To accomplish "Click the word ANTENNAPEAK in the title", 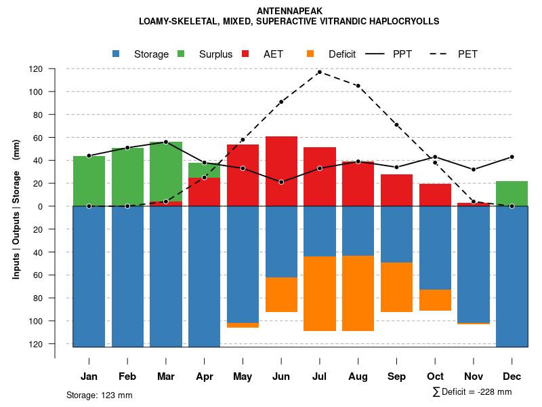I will (290, 11).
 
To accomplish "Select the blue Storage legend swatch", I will (117, 54).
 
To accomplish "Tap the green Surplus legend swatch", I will (181, 54).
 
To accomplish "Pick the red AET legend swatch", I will (246, 54).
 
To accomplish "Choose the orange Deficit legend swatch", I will (311, 54).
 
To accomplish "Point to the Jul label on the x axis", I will (320, 376).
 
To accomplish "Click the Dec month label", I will (512, 376).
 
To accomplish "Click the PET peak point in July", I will (320, 72).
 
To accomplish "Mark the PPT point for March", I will (166, 142).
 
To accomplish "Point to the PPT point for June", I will (281, 182).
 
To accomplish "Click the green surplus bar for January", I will (89, 181).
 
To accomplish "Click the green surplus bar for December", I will (512, 193).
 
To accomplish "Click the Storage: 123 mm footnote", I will (100, 395).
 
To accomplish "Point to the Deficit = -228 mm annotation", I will (472, 392).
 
